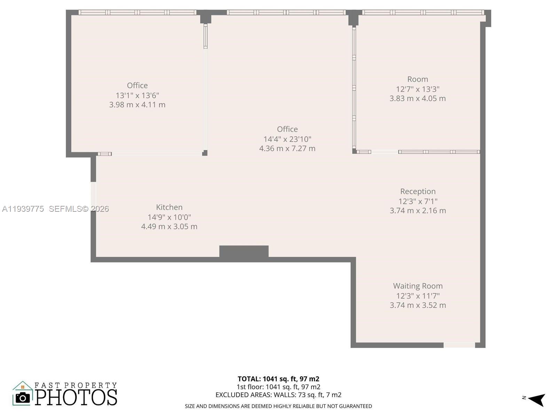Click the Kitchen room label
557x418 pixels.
[x=169, y=207]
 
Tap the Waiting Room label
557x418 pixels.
[x=418, y=286]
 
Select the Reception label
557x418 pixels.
[x=418, y=191]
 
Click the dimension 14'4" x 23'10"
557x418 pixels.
[x=287, y=139]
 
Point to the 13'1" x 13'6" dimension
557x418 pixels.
[x=137, y=95]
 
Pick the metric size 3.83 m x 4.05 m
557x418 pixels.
[x=417, y=98]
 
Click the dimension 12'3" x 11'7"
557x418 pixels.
[x=418, y=296]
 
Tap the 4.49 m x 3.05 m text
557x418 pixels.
[x=169, y=226]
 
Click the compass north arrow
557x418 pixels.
[x=536, y=399]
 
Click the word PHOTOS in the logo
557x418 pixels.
[x=76, y=397]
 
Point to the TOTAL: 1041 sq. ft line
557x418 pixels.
[x=278, y=379]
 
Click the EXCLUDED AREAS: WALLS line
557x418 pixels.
[x=278, y=395]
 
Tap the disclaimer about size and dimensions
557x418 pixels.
[x=278, y=406]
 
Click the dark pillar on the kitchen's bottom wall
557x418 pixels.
[x=244, y=251]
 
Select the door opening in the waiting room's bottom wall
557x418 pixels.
[x=459, y=345]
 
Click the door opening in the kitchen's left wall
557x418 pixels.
[x=93, y=196]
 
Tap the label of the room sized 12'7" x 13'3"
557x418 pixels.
[x=417, y=79]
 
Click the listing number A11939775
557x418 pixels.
[x=23, y=209]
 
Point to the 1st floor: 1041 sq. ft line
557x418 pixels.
[x=278, y=387]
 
